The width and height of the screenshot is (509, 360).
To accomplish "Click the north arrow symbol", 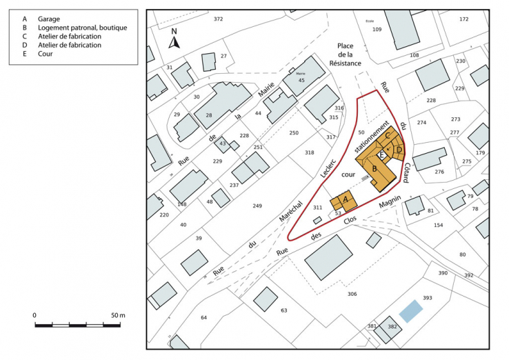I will tap(174, 39).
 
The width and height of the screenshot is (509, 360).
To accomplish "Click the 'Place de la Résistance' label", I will tap(344, 54).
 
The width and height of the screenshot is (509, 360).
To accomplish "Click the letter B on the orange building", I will tap(374, 168).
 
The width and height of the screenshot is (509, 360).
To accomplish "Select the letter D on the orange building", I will tap(399, 149).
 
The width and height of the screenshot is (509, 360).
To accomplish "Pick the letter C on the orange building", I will tap(388, 135).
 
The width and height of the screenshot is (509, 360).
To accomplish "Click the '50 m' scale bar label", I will tap(118, 315).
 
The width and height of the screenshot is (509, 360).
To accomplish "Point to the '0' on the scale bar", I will tap(34, 315).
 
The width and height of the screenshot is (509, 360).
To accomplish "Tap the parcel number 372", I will tap(219, 19).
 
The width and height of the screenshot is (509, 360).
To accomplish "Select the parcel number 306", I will tap(352, 294).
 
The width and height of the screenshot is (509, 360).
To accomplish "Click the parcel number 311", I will tap(317, 207).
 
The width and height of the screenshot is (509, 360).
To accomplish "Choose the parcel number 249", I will tap(257, 206).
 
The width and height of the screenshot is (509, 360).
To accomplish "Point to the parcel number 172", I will tap(463, 19).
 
